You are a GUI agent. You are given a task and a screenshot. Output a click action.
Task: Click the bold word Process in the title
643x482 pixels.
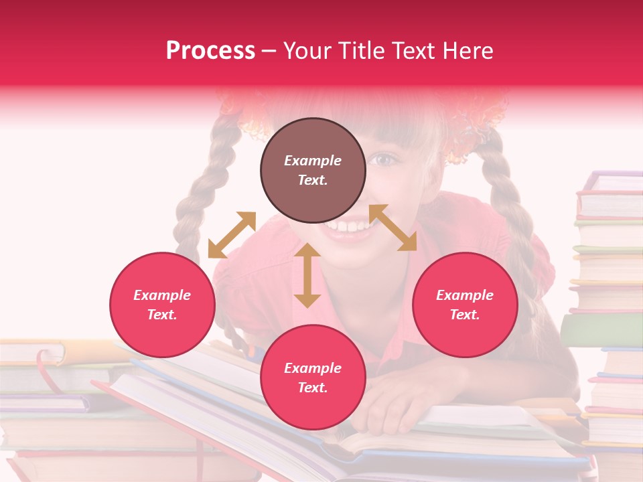pos(210,51)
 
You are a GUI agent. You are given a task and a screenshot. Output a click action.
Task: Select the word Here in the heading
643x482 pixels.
pos(469,51)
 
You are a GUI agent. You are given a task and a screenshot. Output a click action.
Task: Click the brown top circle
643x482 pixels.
pos(313,170)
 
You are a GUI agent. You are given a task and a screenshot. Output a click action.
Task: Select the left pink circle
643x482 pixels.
pos(162,305)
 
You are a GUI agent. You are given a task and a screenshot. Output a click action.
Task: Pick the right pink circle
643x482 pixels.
pos(465,305)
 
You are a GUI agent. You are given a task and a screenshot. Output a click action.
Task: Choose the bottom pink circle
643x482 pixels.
pos(313,378)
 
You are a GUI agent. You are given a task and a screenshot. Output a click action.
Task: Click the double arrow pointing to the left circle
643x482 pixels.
pos(232,235)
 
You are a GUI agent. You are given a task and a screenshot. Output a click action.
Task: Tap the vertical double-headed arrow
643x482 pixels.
pos(307,275)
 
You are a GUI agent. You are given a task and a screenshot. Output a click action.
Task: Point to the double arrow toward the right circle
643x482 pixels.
pos(393,228)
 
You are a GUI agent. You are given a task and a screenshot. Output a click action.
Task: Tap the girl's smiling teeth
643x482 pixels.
pos(348,226)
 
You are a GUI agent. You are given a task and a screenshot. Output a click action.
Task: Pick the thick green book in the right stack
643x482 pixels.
pos(601,330)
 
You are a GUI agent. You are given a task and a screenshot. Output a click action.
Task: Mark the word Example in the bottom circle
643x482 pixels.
pos(313,368)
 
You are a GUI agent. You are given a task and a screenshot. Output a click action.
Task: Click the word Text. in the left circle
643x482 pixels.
pos(162,315)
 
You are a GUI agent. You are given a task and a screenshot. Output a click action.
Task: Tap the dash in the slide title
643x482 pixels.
pos(269,51)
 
